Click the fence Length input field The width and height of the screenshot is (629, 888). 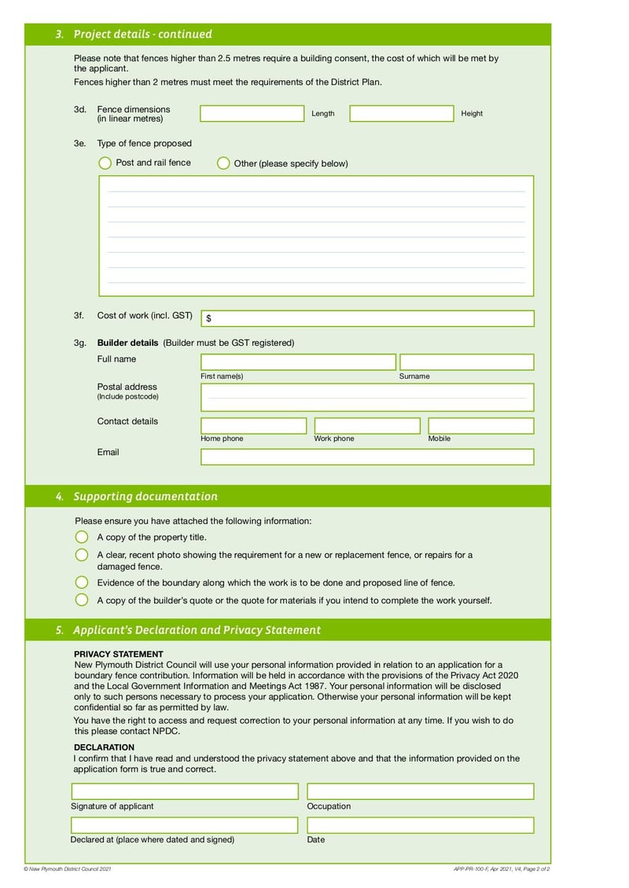[252, 114]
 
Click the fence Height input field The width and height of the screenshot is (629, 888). [402, 114]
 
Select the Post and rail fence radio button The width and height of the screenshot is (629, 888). [105, 163]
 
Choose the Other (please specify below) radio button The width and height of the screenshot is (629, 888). [223, 163]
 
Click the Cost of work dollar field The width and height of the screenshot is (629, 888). [368, 318]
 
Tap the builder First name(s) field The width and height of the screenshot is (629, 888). [298, 362]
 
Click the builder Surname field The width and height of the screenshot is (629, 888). [466, 362]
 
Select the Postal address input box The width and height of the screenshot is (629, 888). [367, 398]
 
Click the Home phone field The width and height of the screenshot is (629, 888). [254, 426]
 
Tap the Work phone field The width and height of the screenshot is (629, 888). [367, 426]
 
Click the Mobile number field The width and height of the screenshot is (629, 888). [480, 426]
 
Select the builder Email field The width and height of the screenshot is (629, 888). [367, 457]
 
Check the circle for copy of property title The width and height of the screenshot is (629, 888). [82, 537]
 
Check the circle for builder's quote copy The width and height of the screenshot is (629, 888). [82, 600]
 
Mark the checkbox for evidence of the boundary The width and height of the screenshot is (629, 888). [82, 582]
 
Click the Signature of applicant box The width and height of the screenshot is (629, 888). [185, 791]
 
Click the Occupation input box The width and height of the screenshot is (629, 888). [420, 791]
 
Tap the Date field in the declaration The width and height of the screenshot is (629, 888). [420, 825]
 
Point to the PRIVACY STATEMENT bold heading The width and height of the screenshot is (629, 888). [119, 654]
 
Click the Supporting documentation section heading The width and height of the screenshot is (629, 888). [145, 497]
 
